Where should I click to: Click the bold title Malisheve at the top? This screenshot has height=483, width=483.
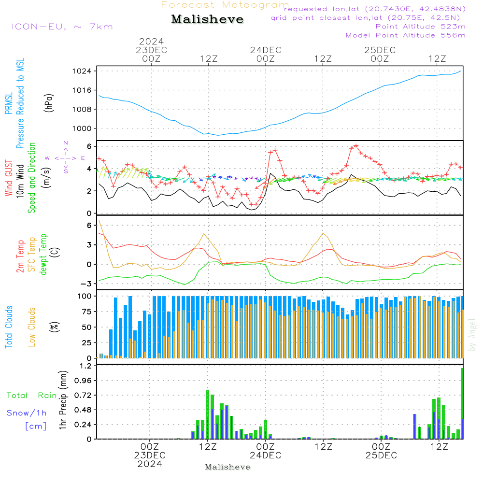tap(208, 20)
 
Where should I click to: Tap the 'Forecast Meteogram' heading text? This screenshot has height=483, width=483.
tap(225, 5)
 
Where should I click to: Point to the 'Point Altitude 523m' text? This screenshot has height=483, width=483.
tap(420, 27)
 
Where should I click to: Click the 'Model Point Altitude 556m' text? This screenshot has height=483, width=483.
tap(406, 35)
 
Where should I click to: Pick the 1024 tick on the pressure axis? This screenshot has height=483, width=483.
tap(85, 71)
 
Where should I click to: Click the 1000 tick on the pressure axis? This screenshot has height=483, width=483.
tap(85, 128)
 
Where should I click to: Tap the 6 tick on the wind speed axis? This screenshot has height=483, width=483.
tap(90, 146)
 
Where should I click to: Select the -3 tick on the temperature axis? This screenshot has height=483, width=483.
tap(87, 284)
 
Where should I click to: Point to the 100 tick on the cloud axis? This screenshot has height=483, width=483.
tap(85, 296)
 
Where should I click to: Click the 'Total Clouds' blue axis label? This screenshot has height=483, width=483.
tap(9, 327)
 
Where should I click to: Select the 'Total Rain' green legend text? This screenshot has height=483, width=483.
tap(32, 396)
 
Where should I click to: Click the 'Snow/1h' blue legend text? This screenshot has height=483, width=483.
tap(27, 413)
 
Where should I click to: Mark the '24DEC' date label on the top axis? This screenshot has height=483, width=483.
tap(265, 50)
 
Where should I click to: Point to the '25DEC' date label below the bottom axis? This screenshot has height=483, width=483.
tap(381, 455)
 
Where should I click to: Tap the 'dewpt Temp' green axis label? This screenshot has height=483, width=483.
tap(44, 255)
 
